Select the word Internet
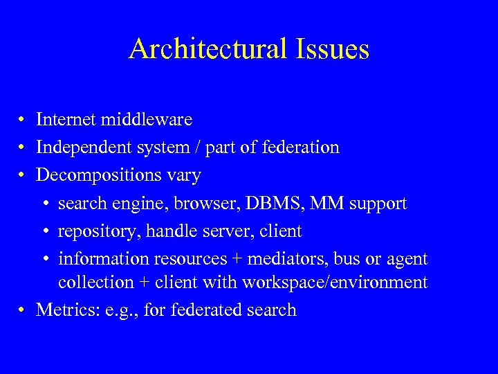pos(66,120)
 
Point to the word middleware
pos(147,120)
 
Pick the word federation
pos(302,148)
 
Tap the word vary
pos(183,176)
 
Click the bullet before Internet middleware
pos(24,121)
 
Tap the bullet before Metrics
pos(24,310)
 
